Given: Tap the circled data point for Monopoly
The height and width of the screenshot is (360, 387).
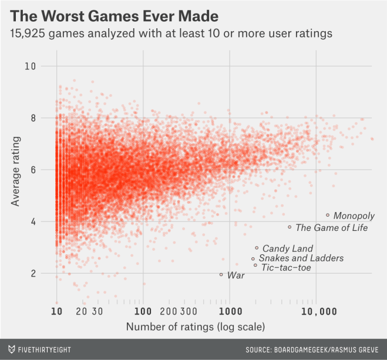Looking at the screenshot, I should pyautogui.click(x=328, y=215).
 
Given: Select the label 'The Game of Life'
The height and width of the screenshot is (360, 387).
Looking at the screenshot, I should pyautogui.click(x=331, y=228).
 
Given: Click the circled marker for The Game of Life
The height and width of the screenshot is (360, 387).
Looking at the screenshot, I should pyautogui.click(x=290, y=227).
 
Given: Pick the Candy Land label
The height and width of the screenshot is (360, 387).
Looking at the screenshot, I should pyautogui.click(x=287, y=249).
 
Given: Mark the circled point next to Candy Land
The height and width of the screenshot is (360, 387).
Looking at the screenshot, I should pyautogui.click(x=257, y=248).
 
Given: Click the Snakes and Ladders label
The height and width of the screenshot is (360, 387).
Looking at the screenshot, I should pyautogui.click(x=301, y=258).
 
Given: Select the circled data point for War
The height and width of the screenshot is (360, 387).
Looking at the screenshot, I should pyautogui.click(x=221, y=274).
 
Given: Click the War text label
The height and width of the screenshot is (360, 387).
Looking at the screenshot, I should pyautogui.click(x=235, y=275).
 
